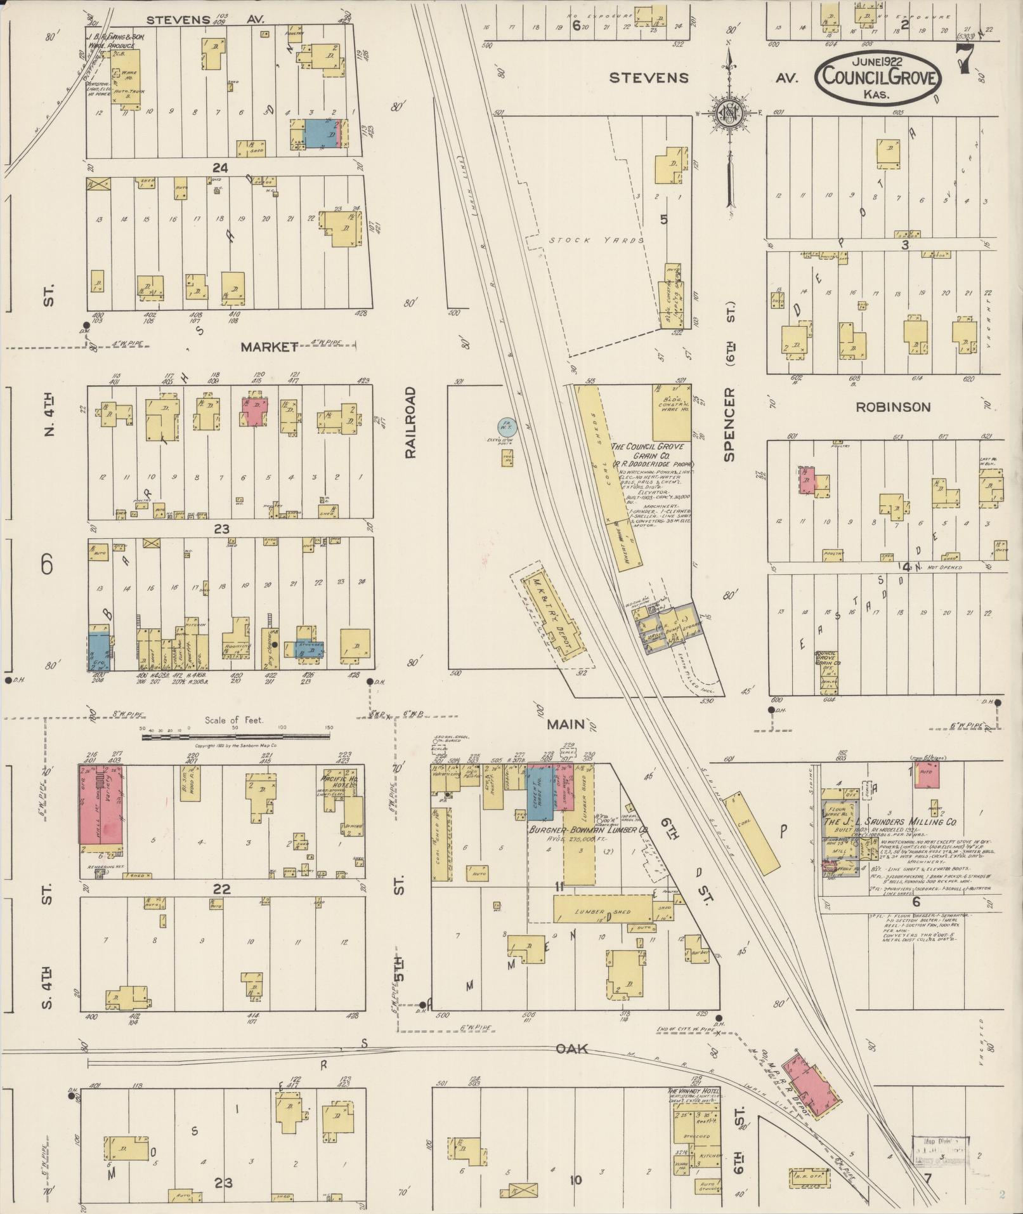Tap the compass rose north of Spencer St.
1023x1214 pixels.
729,113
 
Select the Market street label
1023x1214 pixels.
270,346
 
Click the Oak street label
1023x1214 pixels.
573,1048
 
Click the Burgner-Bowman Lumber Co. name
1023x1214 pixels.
588,829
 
